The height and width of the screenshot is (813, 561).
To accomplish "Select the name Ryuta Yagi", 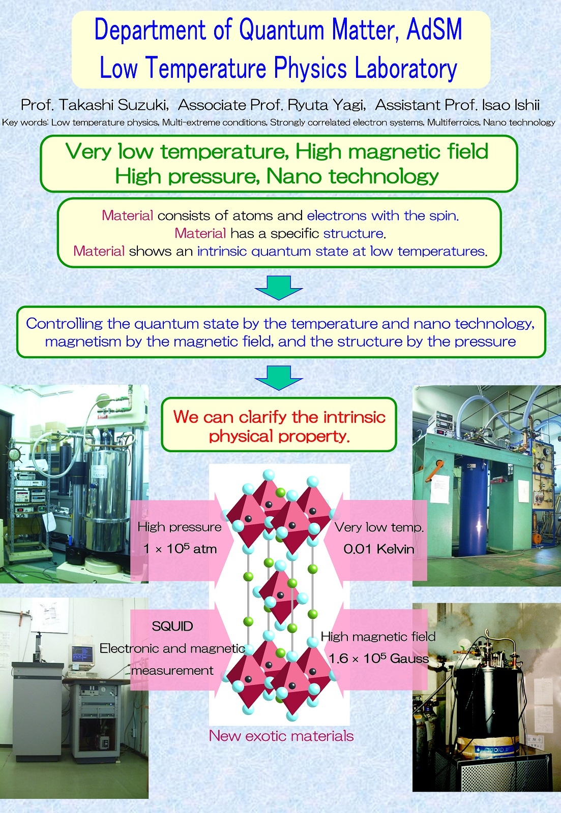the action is (327, 105).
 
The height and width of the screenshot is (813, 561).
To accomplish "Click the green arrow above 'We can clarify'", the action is (279, 378).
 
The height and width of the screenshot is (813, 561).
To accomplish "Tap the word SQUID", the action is (172, 626).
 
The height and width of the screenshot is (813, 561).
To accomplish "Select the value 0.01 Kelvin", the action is (379, 549).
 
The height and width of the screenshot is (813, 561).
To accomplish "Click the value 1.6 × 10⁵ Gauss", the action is (379, 658).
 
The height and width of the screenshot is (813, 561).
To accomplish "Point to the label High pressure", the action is (180, 527).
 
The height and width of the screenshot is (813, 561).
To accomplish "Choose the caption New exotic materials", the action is (281, 736).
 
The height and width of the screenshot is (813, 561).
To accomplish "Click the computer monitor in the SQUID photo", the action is (79, 657).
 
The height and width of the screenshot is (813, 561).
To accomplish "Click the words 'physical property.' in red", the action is (279, 436).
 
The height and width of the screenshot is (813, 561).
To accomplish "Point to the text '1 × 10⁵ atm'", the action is (180, 548).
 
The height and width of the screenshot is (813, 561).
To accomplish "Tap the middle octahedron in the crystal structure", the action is (280, 595).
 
